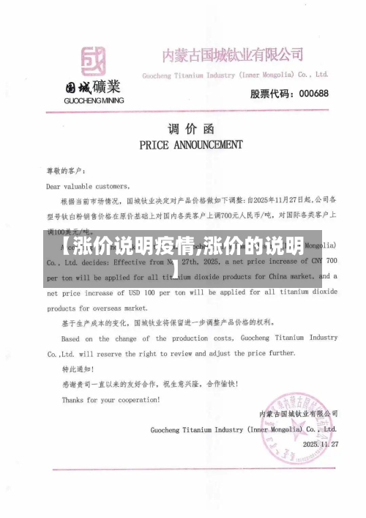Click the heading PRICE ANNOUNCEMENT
coord(190,144)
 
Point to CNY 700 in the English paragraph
coord(319,261)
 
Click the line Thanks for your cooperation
coord(110,400)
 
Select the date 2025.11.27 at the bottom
coord(321,445)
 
